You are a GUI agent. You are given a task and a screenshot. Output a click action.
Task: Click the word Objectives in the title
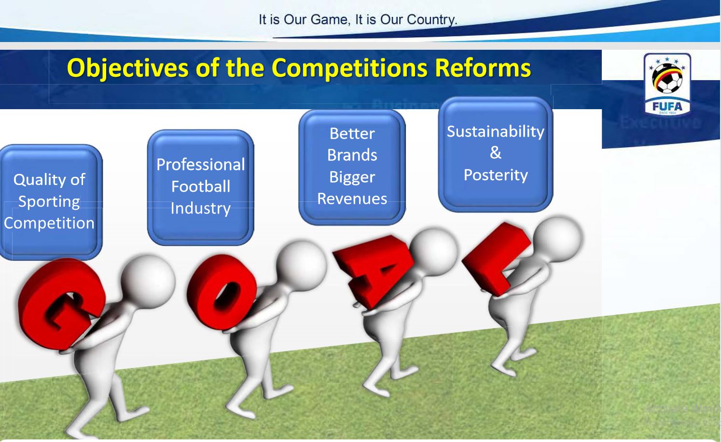[127, 68]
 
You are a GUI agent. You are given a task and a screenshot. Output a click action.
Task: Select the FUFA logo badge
[667, 84]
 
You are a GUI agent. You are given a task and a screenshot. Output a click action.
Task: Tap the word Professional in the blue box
[200, 165]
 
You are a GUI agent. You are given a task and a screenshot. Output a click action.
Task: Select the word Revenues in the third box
[352, 199]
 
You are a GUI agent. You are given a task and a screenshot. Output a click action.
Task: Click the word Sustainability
[495, 131]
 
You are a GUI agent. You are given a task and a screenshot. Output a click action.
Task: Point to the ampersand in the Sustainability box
[495, 153]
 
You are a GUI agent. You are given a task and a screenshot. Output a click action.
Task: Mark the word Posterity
[495, 175]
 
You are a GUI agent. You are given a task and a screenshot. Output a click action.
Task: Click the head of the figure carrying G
[147, 280]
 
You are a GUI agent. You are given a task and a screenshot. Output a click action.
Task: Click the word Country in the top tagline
[431, 20]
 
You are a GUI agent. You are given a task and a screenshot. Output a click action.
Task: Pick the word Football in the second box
[200, 186]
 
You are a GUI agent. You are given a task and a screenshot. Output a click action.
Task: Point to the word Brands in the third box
[352, 155]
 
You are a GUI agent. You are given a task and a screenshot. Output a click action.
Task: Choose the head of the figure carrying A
[433, 251]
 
